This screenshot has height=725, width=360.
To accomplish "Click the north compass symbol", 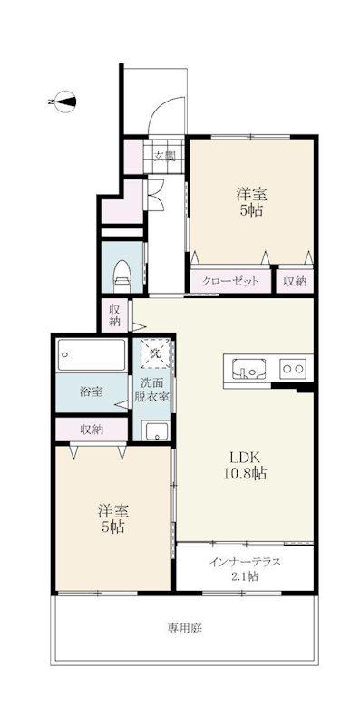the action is tap(65, 101).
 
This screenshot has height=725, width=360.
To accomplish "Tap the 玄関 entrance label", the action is tap(165, 156).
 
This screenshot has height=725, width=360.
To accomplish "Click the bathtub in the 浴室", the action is tap(92, 355).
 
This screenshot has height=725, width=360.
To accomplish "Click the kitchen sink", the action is tap(249, 368).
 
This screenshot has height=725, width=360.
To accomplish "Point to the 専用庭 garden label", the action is tap(185, 628).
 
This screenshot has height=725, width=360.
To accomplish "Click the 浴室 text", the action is tap(92, 392).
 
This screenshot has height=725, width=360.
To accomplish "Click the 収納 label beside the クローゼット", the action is tap(296, 282).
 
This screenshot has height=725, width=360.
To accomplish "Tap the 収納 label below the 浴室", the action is tap(92, 430).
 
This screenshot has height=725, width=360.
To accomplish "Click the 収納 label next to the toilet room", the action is tap(115, 315).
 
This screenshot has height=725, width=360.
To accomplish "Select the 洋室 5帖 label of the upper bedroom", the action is tap(252, 202).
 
